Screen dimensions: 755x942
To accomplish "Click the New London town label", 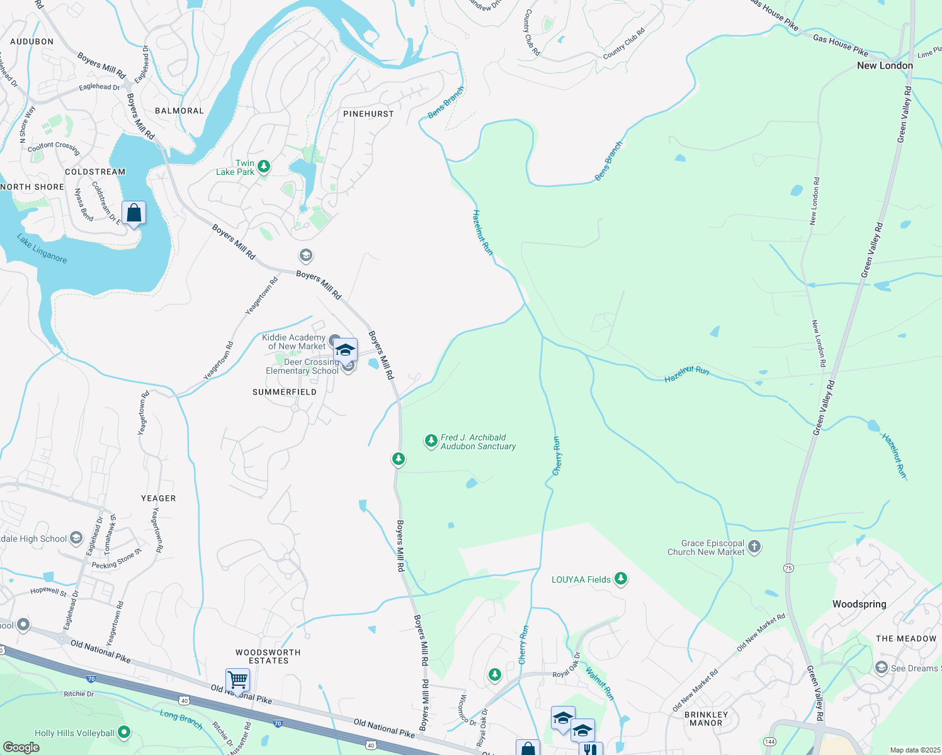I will point(884,65).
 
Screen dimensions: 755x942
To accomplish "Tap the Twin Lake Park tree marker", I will point(264,167).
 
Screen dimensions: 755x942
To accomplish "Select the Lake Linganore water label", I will point(42,249).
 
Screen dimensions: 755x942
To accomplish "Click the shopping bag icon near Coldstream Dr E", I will point(134,213).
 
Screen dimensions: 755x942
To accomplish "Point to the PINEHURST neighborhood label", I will point(368,114).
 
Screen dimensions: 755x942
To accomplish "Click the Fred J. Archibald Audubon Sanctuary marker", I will point(431,441).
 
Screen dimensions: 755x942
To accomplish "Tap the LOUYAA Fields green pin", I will point(621,579).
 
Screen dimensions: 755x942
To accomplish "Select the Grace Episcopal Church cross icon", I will point(754,547).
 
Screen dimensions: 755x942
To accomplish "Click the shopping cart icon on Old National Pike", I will point(237,679).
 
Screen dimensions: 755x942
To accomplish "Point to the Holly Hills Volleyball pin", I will point(124,732).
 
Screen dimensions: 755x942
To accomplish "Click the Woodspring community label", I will point(859,604).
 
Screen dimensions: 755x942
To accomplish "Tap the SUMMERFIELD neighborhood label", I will point(285,392).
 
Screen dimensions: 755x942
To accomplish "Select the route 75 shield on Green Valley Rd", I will point(788,568).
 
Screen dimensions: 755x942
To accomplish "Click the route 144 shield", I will point(769,742).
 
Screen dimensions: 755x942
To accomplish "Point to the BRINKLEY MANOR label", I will point(706,719).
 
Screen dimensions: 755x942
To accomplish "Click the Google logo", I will point(21,747).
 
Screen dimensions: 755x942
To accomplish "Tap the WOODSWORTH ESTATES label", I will point(268,656).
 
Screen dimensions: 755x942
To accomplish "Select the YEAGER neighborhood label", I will point(159,498).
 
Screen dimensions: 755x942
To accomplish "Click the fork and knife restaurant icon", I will point(590,749).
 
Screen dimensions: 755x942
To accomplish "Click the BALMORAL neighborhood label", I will point(179,111).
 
